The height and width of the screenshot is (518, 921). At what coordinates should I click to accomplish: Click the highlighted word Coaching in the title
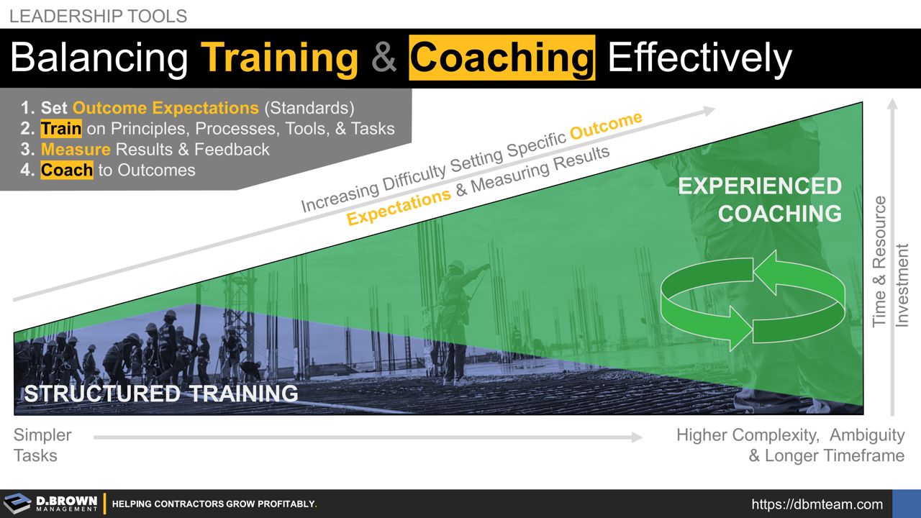[x=502, y=58]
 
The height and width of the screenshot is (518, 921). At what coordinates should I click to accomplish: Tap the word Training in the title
[x=279, y=58]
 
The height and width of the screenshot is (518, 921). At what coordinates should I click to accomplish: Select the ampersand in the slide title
[x=384, y=58]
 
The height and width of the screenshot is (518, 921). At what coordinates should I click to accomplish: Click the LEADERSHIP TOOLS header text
[x=99, y=16]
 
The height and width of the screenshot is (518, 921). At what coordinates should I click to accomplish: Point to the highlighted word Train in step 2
[x=61, y=129]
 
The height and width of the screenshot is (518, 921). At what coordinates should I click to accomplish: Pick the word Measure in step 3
[x=76, y=150]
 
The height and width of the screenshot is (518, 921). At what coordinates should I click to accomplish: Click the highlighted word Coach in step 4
[x=66, y=171]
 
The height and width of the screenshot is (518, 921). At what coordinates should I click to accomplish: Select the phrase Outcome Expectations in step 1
[x=165, y=108]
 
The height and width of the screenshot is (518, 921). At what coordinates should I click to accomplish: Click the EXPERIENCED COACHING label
[x=761, y=199]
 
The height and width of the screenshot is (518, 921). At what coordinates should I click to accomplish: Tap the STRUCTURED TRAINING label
[x=161, y=394]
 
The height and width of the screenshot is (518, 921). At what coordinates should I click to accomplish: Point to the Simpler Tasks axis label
[x=42, y=445]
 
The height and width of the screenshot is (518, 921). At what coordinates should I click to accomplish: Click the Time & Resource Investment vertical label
[x=890, y=263]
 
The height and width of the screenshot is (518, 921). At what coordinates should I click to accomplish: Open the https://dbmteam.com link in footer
[x=817, y=504]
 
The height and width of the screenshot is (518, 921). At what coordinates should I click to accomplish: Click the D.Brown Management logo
[x=50, y=503]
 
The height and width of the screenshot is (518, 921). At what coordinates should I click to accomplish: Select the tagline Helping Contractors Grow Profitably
[x=214, y=504]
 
